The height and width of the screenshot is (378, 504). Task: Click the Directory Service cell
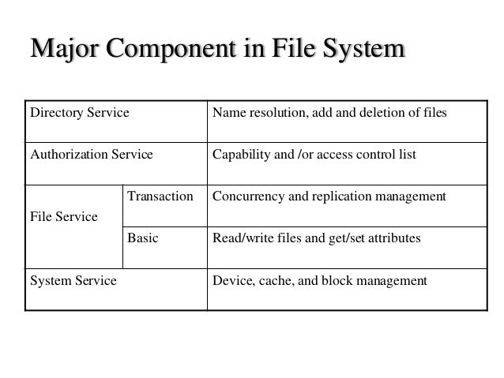tap(79, 114)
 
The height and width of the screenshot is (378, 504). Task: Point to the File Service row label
tap(64, 215)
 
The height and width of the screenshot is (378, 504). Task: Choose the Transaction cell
tap(160, 196)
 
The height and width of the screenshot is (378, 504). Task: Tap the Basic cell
tap(143, 237)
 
